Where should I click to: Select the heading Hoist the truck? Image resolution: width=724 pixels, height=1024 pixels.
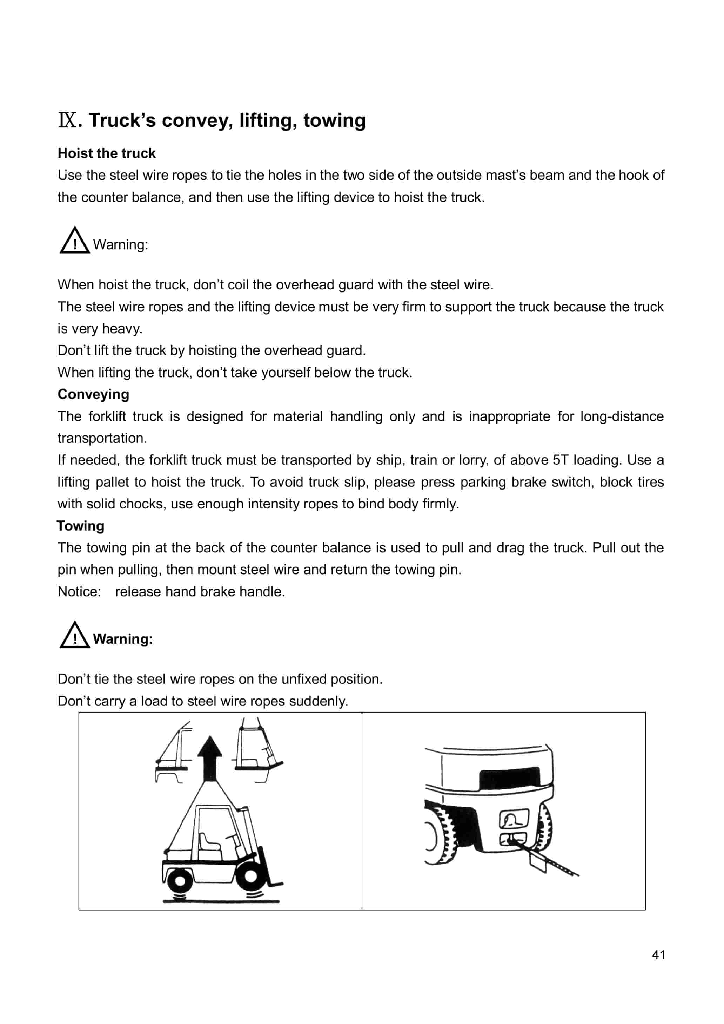(x=107, y=153)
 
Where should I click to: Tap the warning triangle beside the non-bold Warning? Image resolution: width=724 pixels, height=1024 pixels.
(x=74, y=241)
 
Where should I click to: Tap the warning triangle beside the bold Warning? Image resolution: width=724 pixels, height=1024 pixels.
(x=74, y=636)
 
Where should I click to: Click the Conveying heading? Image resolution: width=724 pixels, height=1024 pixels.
(x=93, y=394)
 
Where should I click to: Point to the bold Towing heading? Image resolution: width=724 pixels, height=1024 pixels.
(x=80, y=526)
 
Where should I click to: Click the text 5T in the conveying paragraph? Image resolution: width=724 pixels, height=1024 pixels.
(x=561, y=460)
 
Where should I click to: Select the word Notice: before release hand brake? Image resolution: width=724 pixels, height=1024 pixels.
(x=79, y=592)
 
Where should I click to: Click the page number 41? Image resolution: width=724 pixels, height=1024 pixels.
(x=658, y=954)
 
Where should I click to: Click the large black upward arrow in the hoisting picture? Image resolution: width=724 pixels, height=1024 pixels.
(x=209, y=759)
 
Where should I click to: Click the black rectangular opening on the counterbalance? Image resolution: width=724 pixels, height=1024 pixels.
(x=509, y=779)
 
